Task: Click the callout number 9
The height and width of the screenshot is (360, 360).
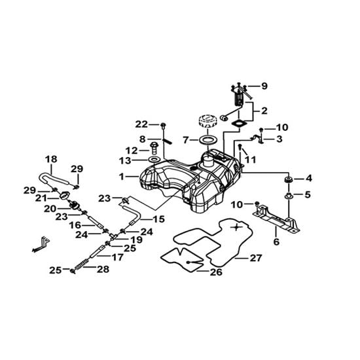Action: pyautogui.click(x=264, y=86)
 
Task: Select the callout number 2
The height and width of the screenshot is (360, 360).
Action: pyautogui.click(x=264, y=111)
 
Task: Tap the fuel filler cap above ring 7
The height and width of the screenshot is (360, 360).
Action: pyautogui.click(x=207, y=122)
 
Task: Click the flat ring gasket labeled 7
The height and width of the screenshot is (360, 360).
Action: pyautogui.click(x=208, y=139)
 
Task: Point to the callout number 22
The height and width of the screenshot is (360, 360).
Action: pyautogui.click(x=141, y=124)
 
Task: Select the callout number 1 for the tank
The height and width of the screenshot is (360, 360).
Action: pyautogui.click(x=122, y=177)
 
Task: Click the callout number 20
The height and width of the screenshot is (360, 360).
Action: pyautogui.click(x=50, y=209)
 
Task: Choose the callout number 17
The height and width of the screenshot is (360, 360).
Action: pyautogui.click(x=117, y=257)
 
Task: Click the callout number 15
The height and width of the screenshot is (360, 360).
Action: pyautogui.click(x=158, y=219)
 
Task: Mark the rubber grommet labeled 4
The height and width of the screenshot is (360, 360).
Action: pyautogui.click(x=288, y=179)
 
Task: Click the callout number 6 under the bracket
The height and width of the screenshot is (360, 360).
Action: pyautogui.click(x=276, y=242)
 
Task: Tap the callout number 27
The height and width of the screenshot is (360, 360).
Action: pyautogui.click(x=255, y=258)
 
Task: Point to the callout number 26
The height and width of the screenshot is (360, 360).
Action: pyautogui.click(x=216, y=272)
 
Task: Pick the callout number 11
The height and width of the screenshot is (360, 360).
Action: pyautogui.click(x=251, y=160)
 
